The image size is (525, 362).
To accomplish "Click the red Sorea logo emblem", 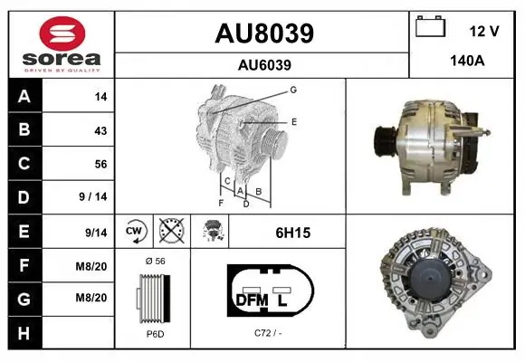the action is [62, 33].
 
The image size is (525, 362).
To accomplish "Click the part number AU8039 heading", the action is [264, 33].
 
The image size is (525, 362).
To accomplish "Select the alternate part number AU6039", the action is [264, 65].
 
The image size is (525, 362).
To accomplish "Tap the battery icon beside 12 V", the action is [430, 26].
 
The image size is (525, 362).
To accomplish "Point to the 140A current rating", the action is [467, 61].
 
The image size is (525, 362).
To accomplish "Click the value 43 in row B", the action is [100, 130].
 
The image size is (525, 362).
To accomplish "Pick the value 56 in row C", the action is [100, 164].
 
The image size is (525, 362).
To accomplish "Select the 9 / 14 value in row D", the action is [92, 196].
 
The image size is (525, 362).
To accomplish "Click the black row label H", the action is [24, 333].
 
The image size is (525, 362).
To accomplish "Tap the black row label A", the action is [24, 96].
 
